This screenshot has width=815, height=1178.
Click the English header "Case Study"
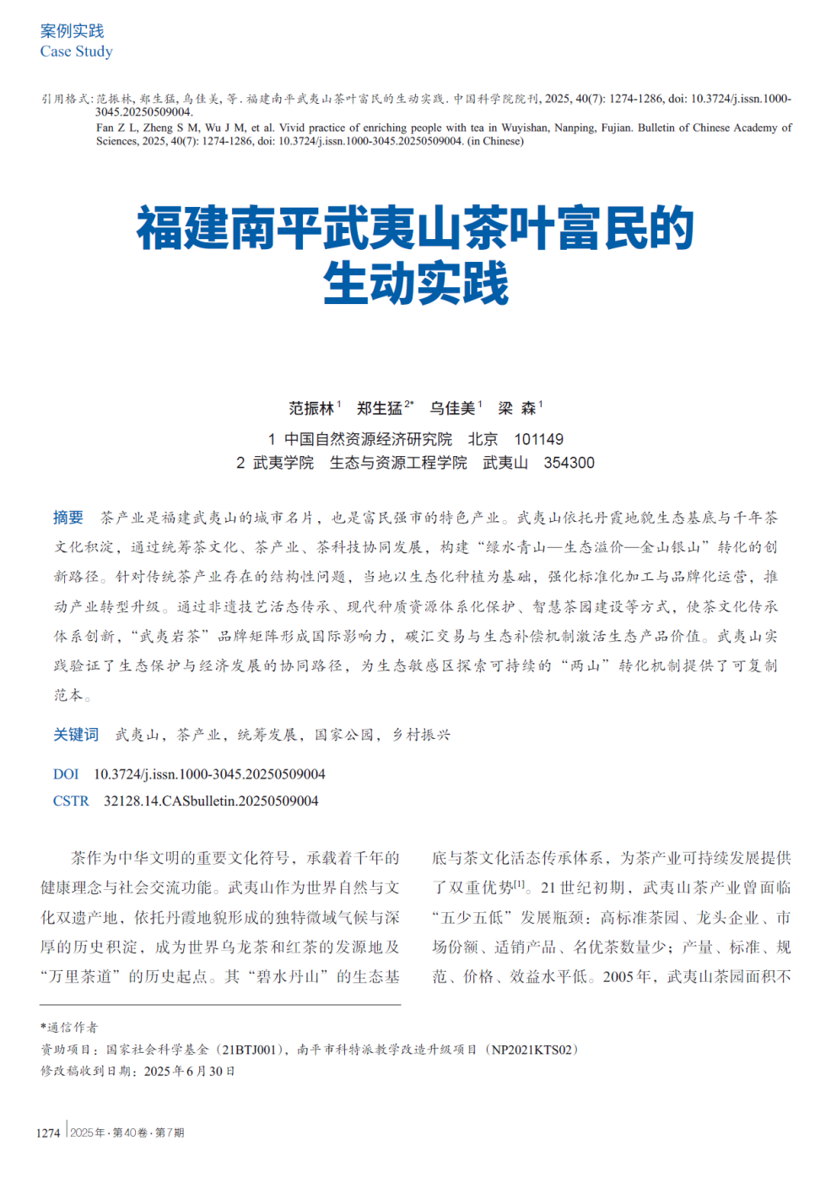[76, 52]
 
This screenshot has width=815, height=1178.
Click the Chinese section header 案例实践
[72, 31]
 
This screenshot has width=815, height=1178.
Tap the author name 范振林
[311, 409]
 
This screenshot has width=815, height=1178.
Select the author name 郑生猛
[379, 409]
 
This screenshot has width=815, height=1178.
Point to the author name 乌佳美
[452, 409]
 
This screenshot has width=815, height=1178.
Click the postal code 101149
[538, 439]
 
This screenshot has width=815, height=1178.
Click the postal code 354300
[569, 463]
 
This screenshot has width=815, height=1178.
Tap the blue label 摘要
[68, 518]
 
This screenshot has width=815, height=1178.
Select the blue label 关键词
[76, 735]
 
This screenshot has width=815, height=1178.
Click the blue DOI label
[66, 774]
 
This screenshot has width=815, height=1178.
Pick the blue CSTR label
[71, 801]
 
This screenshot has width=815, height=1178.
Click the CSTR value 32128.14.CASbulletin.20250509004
[211, 801]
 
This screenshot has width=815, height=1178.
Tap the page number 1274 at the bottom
[48, 1133]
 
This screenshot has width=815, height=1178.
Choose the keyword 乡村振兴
[421, 735]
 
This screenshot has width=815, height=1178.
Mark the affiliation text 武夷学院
[283, 463]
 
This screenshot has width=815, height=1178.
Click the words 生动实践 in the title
[416, 284]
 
